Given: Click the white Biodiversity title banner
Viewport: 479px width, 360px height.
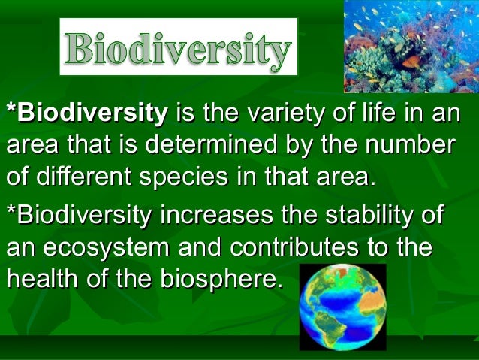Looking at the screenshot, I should point(179,47).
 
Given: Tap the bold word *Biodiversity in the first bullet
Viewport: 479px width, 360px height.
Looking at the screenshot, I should point(86,114).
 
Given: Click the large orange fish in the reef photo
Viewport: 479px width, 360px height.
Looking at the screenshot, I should point(411,62).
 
